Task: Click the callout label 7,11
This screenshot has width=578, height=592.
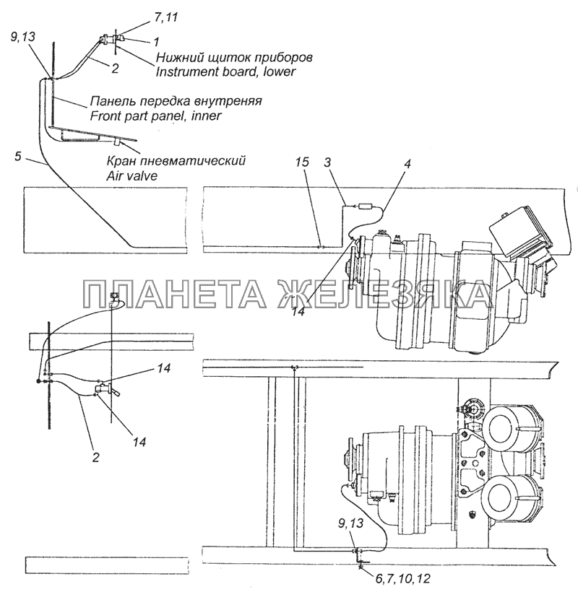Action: pyautogui.click(x=165, y=17)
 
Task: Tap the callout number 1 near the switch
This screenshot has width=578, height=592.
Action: pyautogui.click(x=156, y=42)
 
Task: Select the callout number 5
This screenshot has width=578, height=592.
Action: pyautogui.click(x=18, y=157)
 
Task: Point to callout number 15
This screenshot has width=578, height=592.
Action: pyautogui.click(x=302, y=162)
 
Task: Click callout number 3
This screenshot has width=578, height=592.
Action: pyautogui.click(x=327, y=162)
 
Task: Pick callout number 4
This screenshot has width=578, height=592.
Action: pyautogui.click(x=407, y=164)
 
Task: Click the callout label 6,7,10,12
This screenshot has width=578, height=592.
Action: pyautogui.click(x=403, y=578)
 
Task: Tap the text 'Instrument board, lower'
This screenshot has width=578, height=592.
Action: pyautogui.click(x=225, y=71)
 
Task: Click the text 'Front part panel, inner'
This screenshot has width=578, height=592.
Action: pyautogui.click(x=155, y=116)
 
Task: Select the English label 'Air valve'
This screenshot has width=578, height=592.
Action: pyautogui.click(x=131, y=176)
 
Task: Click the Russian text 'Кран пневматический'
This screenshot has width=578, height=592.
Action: pyautogui.click(x=176, y=160)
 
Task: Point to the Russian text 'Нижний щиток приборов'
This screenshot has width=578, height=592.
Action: pyautogui.click(x=234, y=57)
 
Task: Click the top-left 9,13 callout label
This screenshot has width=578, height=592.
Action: pyautogui.click(x=22, y=37)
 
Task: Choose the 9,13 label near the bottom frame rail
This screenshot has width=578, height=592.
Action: pyautogui.click(x=351, y=523)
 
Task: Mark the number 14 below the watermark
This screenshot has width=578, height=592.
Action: pyautogui.click(x=298, y=311)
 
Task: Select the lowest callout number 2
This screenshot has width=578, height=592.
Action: pyautogui.click(x=95, y=457)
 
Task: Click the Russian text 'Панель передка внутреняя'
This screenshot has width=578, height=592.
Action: pyautogui.click(x=176, y=101)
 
